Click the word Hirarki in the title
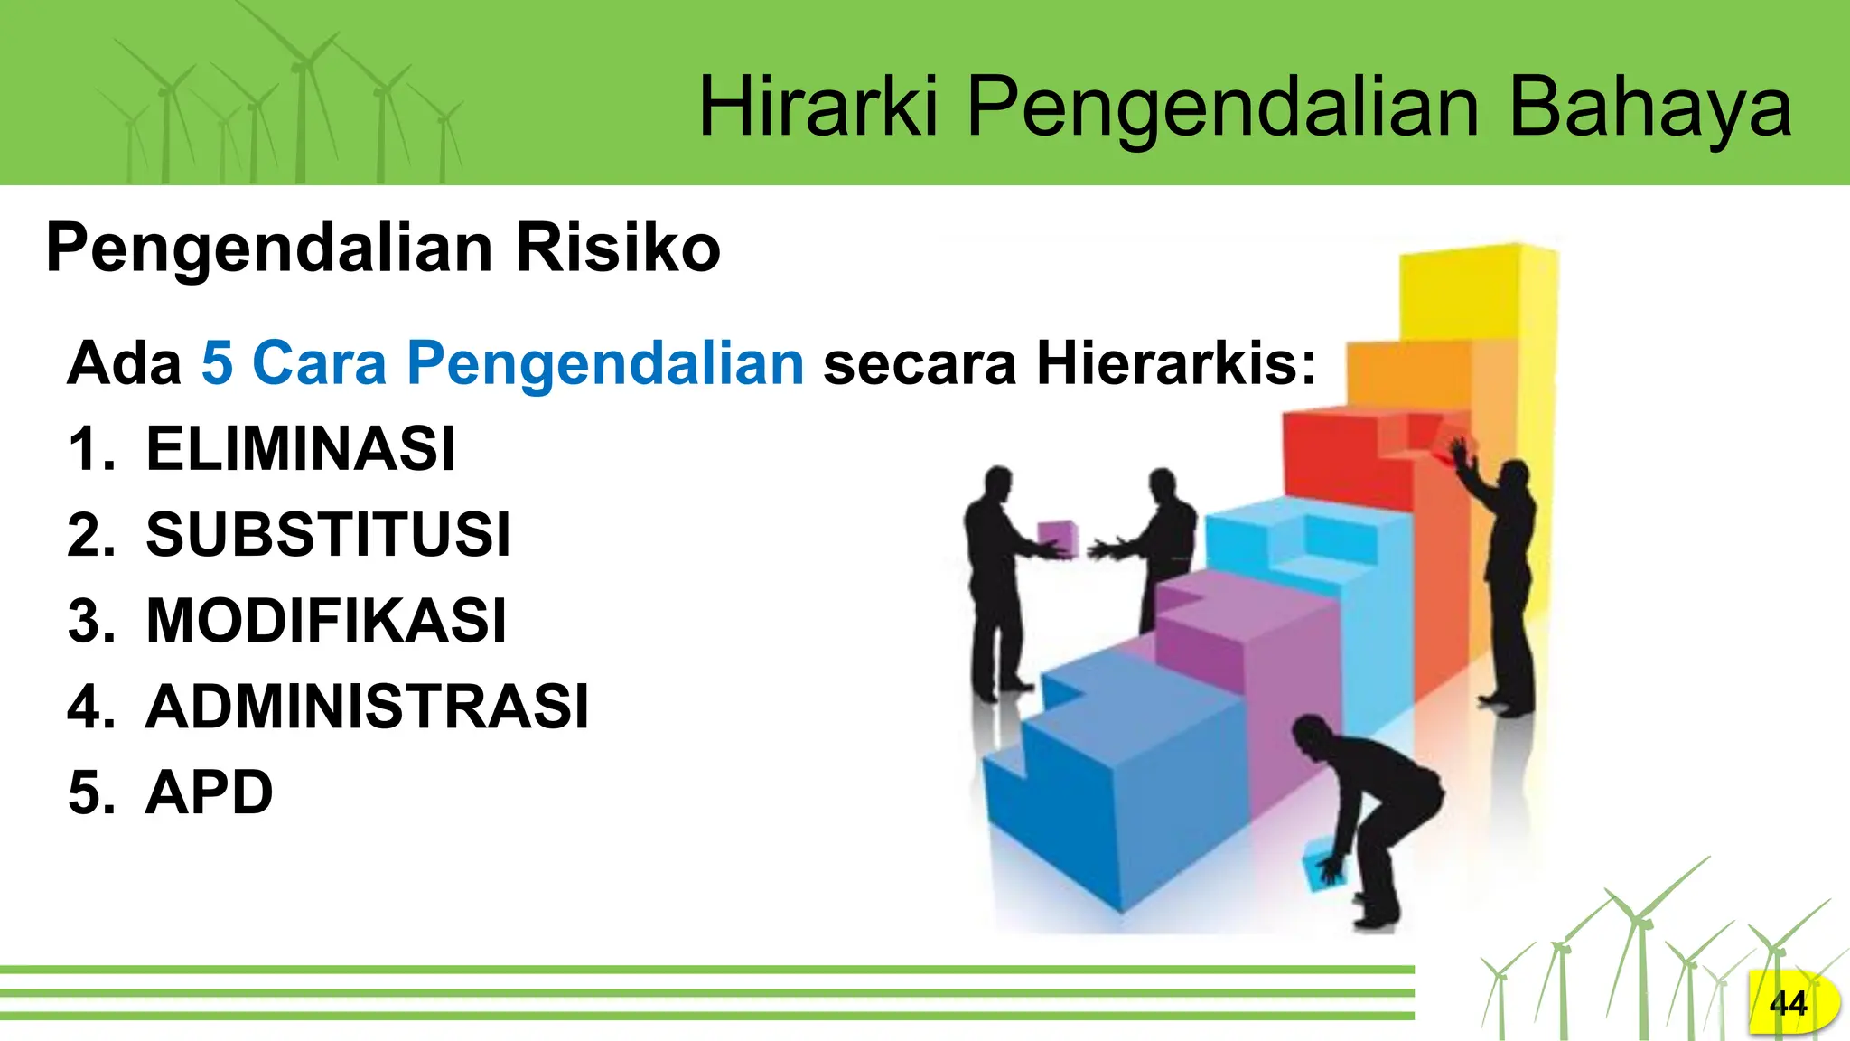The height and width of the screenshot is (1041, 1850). [818, 108]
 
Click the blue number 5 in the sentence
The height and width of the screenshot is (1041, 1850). [217, 362]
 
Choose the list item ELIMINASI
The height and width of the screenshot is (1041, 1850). [300, 448]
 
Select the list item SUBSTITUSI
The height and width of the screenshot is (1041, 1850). [328, 534]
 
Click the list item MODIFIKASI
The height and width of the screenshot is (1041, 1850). [326, 620]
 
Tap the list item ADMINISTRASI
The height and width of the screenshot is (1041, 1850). [367, 706]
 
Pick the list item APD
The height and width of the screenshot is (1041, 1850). [209, 792]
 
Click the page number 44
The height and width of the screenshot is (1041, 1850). [1788, 1003]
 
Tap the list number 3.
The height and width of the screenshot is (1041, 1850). [91, 621]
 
